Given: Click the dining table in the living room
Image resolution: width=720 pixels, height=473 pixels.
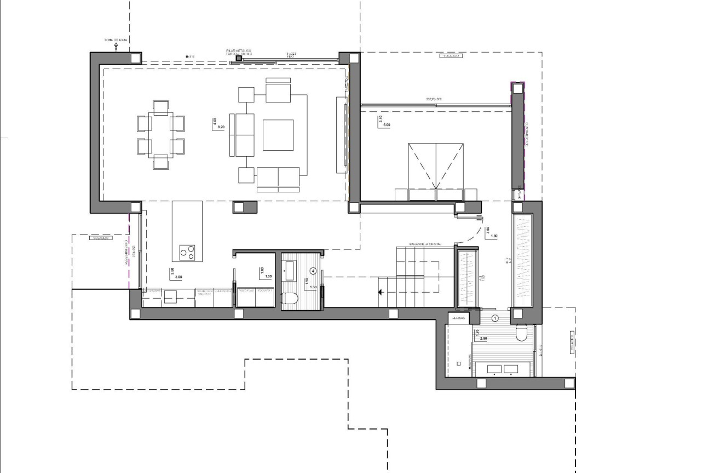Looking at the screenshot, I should click(x=160, y=135).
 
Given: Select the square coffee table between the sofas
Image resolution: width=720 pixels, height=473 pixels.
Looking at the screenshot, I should click(x=278, y=135).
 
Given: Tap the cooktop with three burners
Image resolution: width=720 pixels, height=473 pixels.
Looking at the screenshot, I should click(x=187, y=253).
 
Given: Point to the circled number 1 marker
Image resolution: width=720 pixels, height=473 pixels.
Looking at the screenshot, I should click(x=495, y=317).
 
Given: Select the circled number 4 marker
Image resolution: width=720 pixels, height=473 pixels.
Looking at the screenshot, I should click(x=313, y=270).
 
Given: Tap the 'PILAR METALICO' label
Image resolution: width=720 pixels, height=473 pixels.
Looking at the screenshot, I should click(x=239, y=50).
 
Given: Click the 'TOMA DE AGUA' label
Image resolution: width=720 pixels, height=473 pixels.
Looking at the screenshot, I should click(x=116, y=40).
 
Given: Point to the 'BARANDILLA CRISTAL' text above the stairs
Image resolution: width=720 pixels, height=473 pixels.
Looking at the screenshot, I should click(x=425, y=243).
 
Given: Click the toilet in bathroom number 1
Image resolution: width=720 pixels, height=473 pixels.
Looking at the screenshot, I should click(x=522, y=333).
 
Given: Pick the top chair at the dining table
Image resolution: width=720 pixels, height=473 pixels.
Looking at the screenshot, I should click(x=160, y=107).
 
